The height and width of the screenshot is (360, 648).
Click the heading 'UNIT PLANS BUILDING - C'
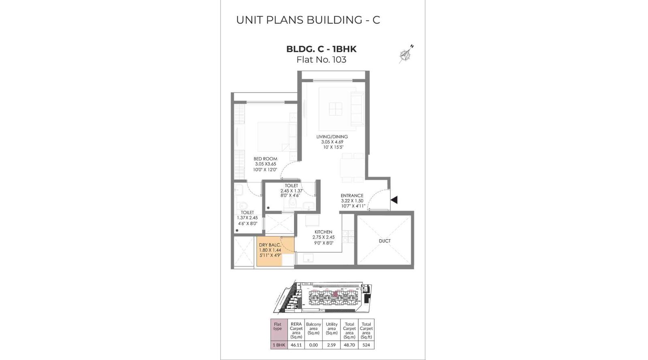point(308,20)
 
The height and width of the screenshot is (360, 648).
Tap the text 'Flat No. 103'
point(321,60)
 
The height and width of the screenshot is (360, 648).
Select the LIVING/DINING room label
point(332,137)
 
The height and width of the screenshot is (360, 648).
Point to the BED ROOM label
point(265,159)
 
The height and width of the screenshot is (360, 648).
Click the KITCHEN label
point(323,232)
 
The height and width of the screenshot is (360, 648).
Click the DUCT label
point(384,241)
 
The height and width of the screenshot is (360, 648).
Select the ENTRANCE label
point(352,196)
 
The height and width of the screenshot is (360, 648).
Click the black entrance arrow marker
point(394,200)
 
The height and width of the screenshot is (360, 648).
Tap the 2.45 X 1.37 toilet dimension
point(291,191)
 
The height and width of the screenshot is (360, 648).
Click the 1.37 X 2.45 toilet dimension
point(247,218)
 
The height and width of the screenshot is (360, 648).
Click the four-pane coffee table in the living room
point(335,109)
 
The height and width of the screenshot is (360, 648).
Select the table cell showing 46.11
point(296,345)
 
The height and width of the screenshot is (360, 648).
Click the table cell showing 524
point(366,345)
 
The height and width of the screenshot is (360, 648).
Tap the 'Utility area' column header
point(331,328)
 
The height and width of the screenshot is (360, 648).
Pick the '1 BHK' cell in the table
point(279,345)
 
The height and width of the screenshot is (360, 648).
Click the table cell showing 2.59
point(331,345)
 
